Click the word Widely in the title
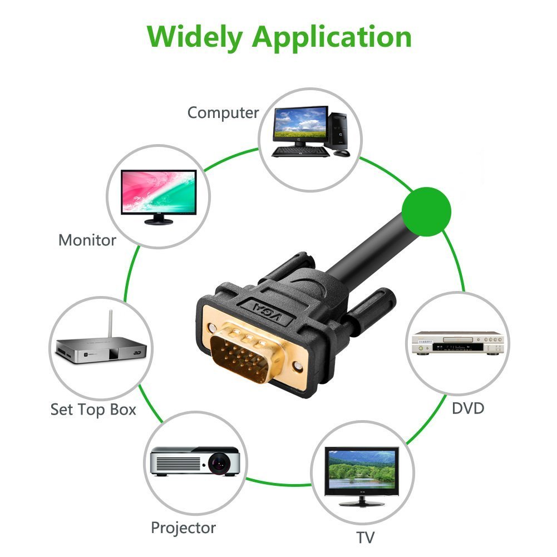196,37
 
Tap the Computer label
223,113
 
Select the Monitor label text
87,240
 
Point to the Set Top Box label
93,410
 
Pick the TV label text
366,538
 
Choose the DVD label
467,408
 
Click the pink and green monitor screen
159,190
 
